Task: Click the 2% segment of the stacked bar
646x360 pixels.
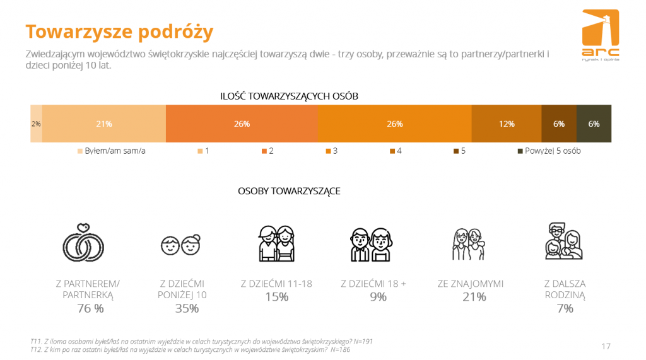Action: click(36, 124)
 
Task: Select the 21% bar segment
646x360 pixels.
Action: click(104, 124)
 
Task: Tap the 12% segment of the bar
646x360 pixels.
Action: click(507, 124)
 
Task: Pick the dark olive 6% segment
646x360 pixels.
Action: click(594, 124)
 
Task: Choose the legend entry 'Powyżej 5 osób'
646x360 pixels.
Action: click(549, 151)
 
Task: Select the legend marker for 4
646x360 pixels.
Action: click(392, 151)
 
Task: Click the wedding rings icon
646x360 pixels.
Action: click(83, 243)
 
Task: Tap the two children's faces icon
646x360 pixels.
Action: click(181, 245)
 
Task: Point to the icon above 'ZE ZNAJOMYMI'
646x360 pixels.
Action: click(469, 244)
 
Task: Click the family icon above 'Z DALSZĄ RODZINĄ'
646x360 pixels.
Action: click(563, 241)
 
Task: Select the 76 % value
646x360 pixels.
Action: click(90, 308)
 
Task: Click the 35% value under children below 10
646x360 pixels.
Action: click(187, 308)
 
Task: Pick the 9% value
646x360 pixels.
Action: click(378, 297)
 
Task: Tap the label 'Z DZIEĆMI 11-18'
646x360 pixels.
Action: click(276, 284)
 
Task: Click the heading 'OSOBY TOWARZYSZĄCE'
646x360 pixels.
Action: click(289, 191)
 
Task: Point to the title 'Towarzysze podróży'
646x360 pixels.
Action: click(119, 32)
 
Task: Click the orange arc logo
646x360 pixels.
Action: click(601, 35)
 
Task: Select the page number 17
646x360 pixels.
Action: click(606, 346)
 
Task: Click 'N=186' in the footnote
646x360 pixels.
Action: click(340, 350)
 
